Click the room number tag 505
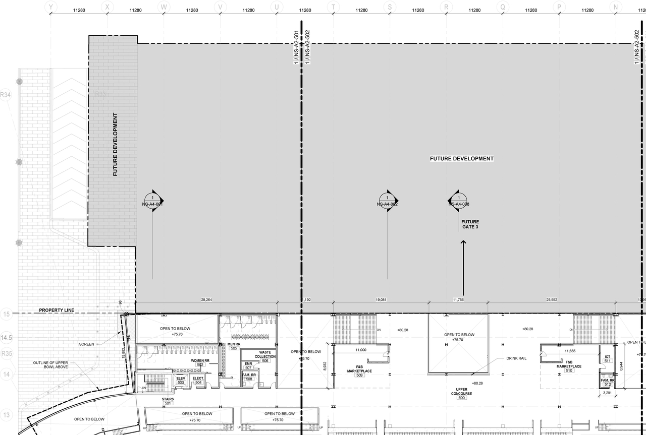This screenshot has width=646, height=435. [234, 348]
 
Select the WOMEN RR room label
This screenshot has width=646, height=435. [200, 361]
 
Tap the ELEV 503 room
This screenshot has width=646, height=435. [181, 381]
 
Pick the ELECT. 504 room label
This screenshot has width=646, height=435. [198, 381]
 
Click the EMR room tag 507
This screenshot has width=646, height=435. [248, 365]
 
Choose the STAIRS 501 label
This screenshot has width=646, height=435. [168, 401]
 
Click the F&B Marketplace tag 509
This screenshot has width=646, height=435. [359, 375]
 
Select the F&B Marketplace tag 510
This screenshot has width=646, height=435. [569, 370]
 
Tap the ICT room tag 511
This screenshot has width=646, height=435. [608, 361]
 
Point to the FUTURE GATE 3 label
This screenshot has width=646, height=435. [470, 225]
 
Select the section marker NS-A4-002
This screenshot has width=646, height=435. [388, 201]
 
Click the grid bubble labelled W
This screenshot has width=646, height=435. [164, 7]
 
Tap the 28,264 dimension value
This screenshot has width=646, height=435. [206, 300]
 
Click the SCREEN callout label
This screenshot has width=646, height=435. [86, 344]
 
